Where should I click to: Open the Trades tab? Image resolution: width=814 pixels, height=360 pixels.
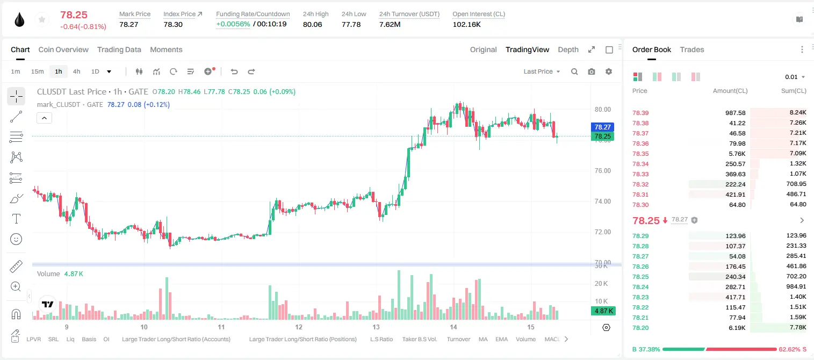tap(691, 49)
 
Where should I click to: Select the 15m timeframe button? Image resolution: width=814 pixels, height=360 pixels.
tap(37, 71)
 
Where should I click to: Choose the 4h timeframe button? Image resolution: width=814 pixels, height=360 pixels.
tap(76, 71)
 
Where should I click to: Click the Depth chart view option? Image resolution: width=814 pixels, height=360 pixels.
tap(568, 49)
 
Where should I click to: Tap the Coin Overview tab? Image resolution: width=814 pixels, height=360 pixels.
tap(63, 49)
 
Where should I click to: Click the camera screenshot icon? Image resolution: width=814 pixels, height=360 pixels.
tap(592, 71)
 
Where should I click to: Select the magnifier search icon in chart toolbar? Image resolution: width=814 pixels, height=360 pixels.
tap(574, 71)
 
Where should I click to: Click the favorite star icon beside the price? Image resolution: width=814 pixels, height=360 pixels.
tap(42, 20)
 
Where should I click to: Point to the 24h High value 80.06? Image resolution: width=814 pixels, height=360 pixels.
tap(313, 24)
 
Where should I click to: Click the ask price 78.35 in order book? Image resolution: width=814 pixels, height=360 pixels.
tap(640, 154)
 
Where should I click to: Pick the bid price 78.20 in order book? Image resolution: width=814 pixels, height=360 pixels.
tap(640, 328)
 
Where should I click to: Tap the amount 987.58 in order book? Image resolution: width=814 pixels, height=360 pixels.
tap(735, 113)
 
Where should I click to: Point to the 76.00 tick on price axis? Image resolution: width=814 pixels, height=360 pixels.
tap(602, 171)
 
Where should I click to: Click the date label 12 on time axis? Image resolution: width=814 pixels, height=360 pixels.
tap(298, 327)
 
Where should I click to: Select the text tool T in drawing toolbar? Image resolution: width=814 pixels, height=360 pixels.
tap(16, 219)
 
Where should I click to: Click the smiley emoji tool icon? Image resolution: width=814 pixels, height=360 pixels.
tap(16, 239)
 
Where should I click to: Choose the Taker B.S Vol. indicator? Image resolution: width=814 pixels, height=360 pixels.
tap(419, 339)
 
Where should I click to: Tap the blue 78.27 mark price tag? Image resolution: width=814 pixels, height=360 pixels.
tap(602, 127)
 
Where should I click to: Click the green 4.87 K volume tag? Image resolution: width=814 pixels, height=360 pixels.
tap(603, 311)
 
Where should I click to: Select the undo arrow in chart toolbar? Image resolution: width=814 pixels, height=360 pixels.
tap(234, 71)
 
